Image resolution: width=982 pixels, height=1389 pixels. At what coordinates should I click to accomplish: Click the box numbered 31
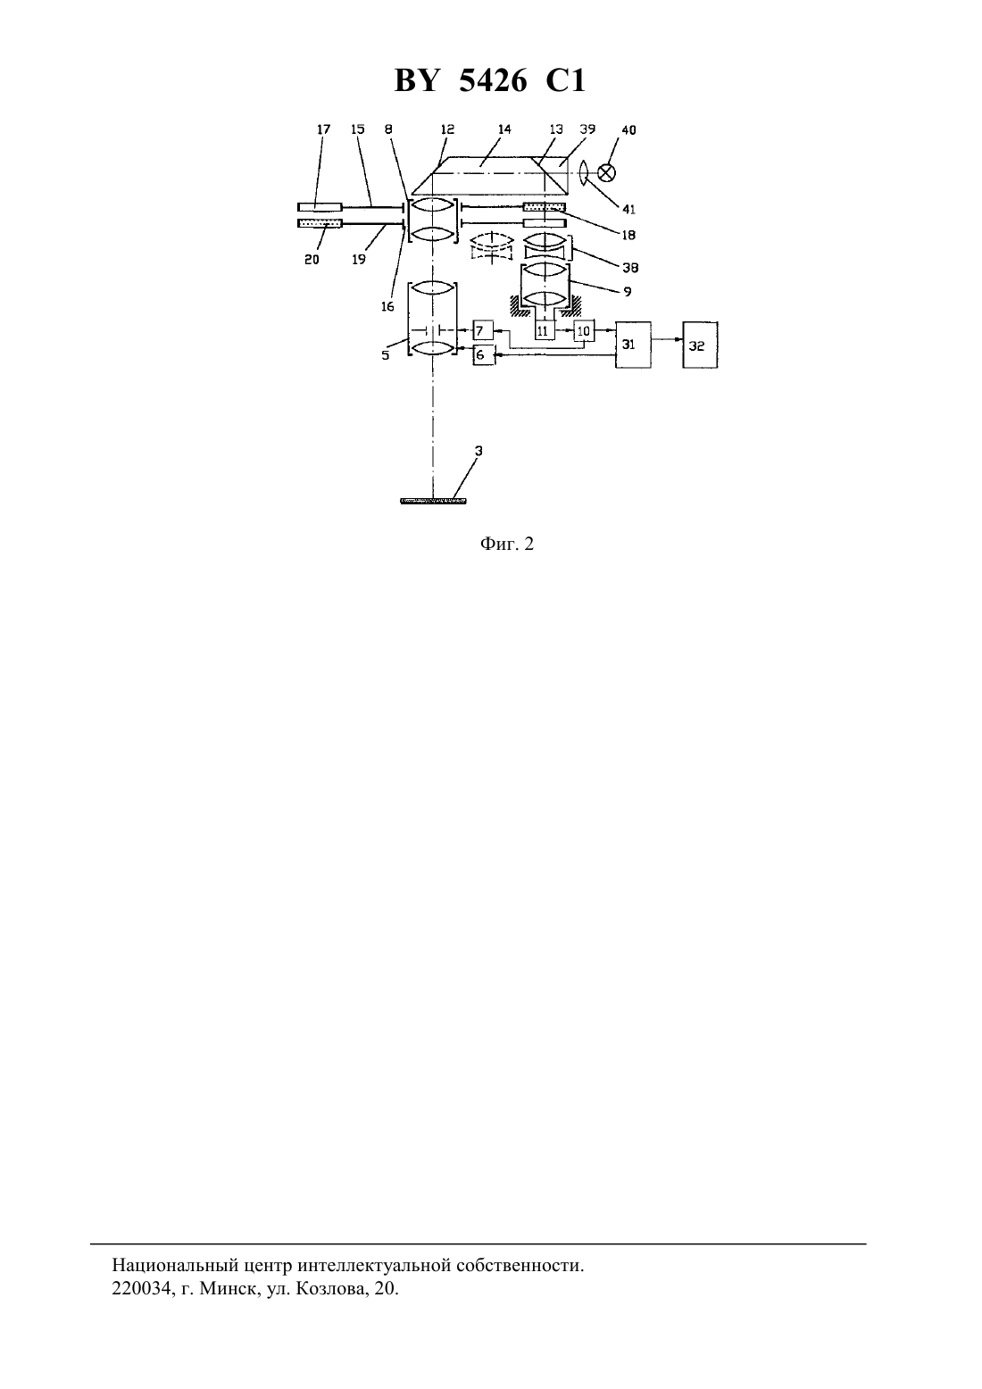coord(633,345)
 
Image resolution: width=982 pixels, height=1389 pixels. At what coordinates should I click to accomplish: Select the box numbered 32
coord(701,345)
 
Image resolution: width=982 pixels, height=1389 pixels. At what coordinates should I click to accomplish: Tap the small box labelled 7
coord(483,330)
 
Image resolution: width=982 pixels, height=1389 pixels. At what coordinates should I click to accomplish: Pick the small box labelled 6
coord(484,354)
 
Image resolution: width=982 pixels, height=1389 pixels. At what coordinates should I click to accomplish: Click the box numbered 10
coord(584,331)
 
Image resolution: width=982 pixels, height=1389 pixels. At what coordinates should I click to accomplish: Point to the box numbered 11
coord(545,330)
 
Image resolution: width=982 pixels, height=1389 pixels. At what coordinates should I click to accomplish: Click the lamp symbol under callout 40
coord(606,171)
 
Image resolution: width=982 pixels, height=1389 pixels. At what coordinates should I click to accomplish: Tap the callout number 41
coord(628,210)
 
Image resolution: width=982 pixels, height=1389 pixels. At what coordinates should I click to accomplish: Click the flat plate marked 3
coord(433,501)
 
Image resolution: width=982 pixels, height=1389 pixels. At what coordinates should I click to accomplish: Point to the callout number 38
coord(630,268)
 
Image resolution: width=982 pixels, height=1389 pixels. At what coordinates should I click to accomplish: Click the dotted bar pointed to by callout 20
coord(320,223)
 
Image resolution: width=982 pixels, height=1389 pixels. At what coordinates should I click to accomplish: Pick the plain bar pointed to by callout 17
coord(320,206)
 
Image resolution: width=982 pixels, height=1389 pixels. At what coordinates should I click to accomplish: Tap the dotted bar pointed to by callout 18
coord(545,206)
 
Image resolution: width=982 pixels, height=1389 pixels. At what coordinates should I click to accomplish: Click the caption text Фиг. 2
coord(506,544)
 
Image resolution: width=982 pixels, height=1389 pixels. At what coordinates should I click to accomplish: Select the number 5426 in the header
coord(493,80)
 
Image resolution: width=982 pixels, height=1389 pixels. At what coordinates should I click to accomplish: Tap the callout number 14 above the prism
coord(504,129)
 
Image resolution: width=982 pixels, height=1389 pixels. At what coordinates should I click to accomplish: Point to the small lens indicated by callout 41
coord(582,171)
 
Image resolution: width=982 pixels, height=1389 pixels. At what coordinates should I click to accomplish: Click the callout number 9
coord(628,291)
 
